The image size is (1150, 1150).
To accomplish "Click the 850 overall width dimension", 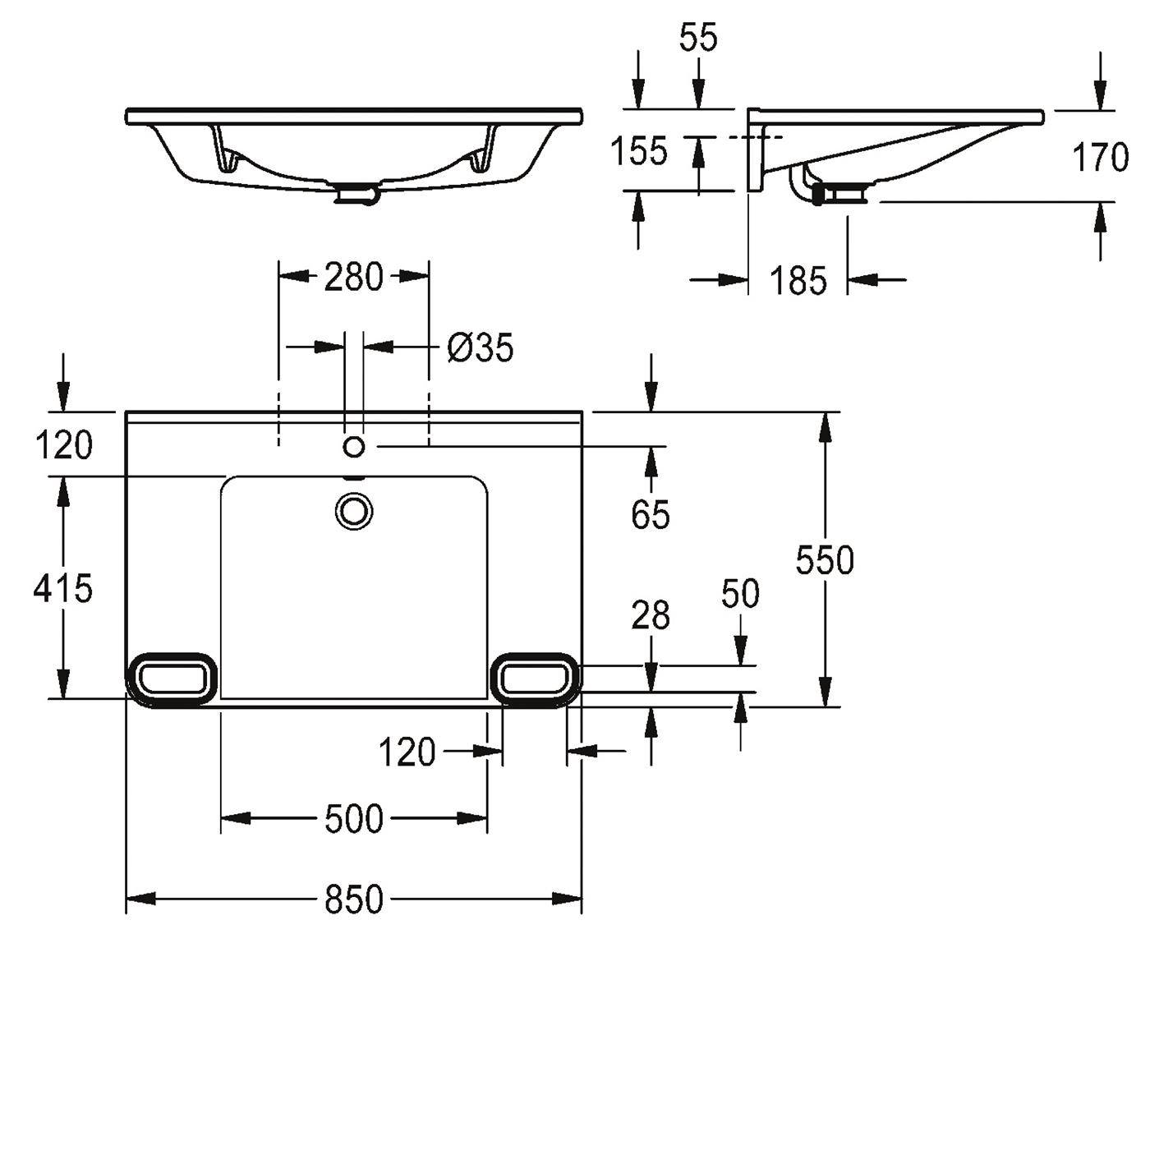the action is [x=353, y=899].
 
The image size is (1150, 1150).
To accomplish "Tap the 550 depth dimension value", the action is [x=825, y=559].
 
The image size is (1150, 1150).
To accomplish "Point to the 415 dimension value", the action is [x=62, y=588].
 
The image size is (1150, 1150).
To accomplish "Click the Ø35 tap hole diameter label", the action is [x=480, y=347].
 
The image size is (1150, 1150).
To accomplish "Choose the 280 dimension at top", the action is [x=353, y=277].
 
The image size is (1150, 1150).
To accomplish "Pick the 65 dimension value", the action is [x=651, y=514].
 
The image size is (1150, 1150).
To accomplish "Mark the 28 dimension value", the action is [x=651, y=615].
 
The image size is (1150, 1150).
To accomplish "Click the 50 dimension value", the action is [x=740, y=593].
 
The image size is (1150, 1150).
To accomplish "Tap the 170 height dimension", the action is [x=1101, y=158].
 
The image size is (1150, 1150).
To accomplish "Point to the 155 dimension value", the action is [x=638, y=151].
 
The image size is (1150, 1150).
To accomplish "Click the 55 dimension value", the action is [x=698, y=38].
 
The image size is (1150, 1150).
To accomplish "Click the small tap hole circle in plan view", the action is [x=354, y=446].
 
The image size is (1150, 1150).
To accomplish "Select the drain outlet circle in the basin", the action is [x=354, y=512].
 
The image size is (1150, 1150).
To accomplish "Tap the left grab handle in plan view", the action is [x=172, y=680].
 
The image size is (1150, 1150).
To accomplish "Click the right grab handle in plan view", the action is [x=535, y=680].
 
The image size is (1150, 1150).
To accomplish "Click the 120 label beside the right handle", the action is [x=407, y=752].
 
